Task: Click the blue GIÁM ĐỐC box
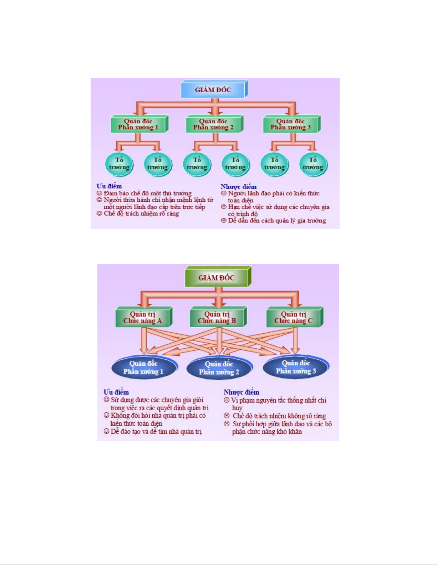pos(213,89)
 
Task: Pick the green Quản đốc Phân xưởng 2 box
pos(213,124)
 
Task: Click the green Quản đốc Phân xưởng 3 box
pos(290,124)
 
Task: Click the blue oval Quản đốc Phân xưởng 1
pos(143,368)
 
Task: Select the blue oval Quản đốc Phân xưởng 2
pos(219,368)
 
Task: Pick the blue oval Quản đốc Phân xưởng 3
pos(296,367)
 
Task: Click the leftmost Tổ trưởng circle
pos(119,164)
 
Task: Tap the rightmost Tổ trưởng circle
pos(313,164)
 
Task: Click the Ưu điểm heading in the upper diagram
pos(109,186)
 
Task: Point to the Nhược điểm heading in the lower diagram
pos(242,392)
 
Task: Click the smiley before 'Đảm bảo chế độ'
pos(100,193)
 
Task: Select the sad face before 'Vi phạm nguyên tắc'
pos(227,400)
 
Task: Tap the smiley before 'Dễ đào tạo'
pos(106,432)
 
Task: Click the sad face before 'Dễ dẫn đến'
pos(224,221)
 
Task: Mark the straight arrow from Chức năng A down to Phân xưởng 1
pos(144,340)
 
